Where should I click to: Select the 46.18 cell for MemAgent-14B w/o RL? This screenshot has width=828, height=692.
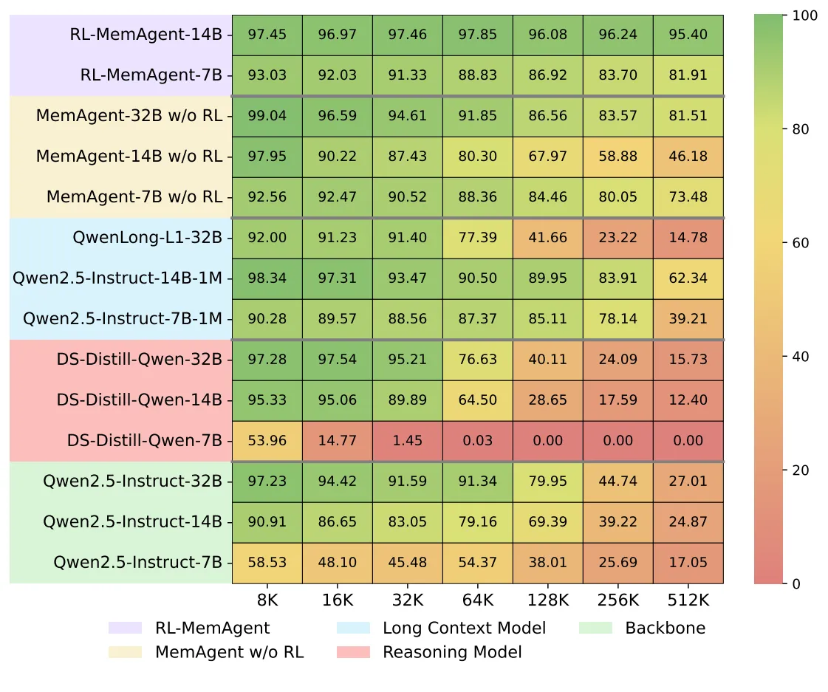(x=688, y=157)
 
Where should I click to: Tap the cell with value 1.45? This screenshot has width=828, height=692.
(x=408, y=441)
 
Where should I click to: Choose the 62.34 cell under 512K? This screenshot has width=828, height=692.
(x=688, y=278)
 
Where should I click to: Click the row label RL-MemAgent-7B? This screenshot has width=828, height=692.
(x=151, y=75)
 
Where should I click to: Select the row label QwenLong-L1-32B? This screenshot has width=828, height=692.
(x=148, y=238)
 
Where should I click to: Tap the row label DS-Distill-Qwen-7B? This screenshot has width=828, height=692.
(x=140, y=441)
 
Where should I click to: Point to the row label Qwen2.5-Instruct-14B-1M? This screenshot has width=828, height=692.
(x=117, y=278)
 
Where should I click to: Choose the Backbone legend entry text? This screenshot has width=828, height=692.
(x=665, y=628)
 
